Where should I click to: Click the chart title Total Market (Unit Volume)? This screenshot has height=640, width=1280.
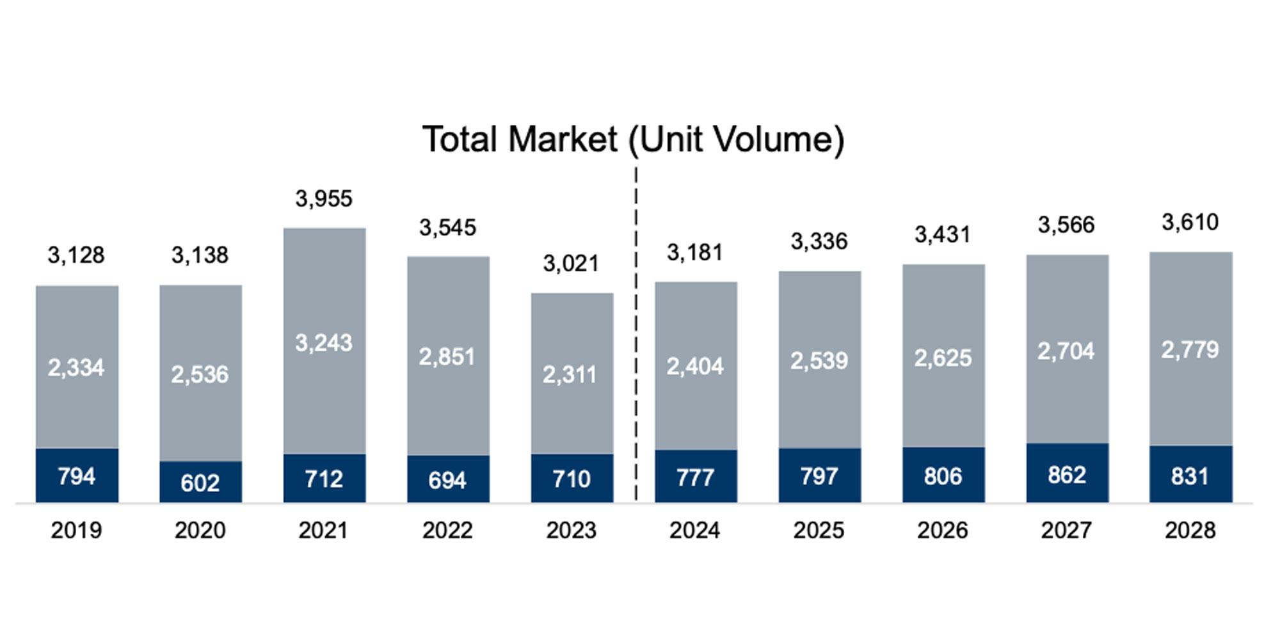pyautogui.click(x=633, y=140)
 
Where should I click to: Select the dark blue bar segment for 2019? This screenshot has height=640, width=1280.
pyautogui.click(x=77, y=476)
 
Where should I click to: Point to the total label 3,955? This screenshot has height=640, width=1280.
pyautogui.click(x=324, y=199)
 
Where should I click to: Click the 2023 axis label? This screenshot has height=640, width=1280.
pyautogui.click(x=571, y=531)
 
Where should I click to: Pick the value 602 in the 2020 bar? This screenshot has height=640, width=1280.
pyautogui.click(x=200, y=483)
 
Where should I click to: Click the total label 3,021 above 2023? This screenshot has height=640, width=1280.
pyautogui.click(x=571, y=264)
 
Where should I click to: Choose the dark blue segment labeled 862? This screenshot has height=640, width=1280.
pyautogui.click(x=1067, y=475)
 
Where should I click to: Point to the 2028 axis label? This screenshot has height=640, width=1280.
pyautogui.click(x=1190, y=531)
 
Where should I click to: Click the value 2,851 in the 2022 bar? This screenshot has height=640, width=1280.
pyautogui.click(x=447, y=356)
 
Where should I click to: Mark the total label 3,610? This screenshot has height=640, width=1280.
pyautogui.click(x=1190, y=223)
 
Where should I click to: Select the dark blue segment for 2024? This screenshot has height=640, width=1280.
pyautogui.click(x=696, y=477)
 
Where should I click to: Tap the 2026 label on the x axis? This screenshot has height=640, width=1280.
pyautogui.click(x=943, y=531)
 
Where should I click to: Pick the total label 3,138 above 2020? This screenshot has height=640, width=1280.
pyautogui.click(x=200, y=255)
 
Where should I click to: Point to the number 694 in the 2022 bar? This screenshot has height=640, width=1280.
pyautogui.click(x=447, y=480)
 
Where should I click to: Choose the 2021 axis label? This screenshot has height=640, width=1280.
pyautogui.click(x=323, y=531)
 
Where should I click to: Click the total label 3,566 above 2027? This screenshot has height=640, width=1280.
pyautogui.click(x=1066, y=225)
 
